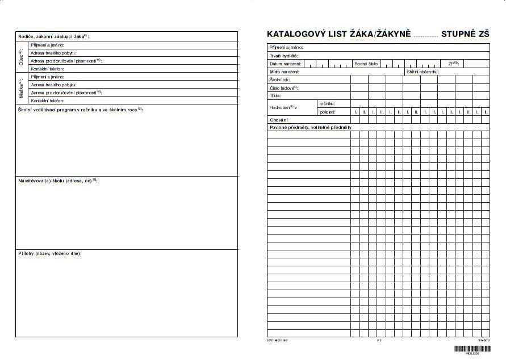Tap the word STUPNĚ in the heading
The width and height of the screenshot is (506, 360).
(458, 35)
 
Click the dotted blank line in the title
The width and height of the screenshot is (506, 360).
(426, 36)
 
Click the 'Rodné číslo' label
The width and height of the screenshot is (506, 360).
(366, 64)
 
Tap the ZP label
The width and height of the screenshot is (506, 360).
(453, 64)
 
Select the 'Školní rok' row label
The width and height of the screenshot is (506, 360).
(279, 80)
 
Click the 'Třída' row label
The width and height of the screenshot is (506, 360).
(276, 95)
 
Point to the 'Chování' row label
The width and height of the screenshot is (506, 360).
(278, 120)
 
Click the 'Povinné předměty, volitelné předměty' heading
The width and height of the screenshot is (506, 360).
(311, 128)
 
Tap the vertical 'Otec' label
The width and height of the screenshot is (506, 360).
(21, 56)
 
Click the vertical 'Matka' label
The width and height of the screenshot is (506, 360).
(21, 88)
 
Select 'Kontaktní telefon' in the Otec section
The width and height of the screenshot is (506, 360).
(47, 68)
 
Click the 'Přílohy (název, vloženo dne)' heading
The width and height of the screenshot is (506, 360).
(49, 253)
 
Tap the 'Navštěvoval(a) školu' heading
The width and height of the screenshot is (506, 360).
(57, 180)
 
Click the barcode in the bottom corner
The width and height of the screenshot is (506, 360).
(471, 348)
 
